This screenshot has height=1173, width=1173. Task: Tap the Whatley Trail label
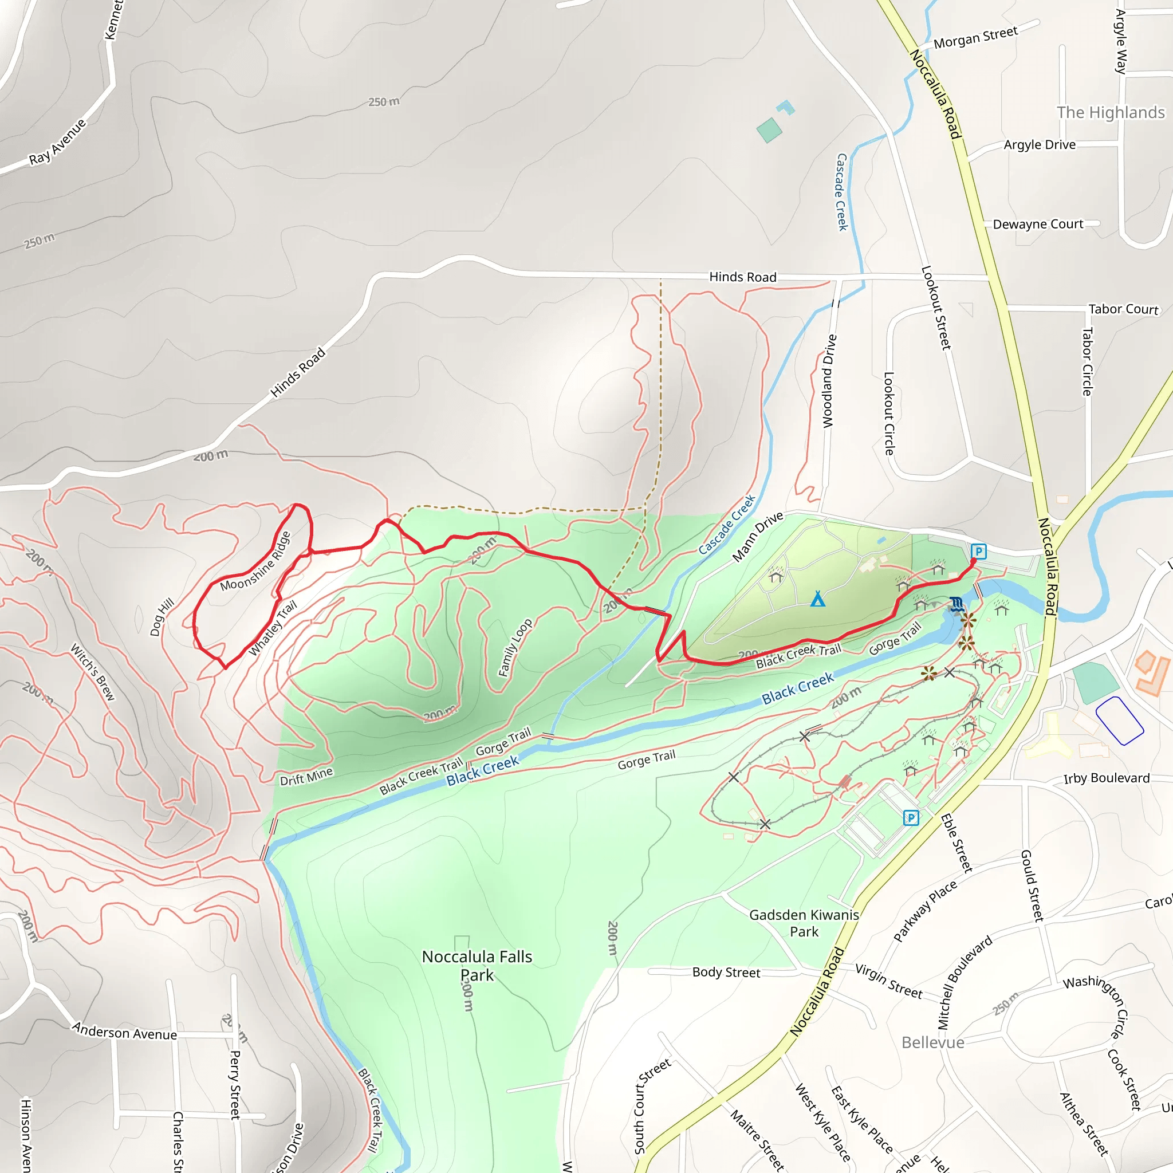click(273, 628)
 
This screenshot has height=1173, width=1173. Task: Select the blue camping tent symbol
click(818, 600)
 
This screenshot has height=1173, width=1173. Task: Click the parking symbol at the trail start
click(978, 552)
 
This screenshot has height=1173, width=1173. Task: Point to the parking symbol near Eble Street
click(911, 818)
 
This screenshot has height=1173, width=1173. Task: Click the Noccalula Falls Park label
click(477, 965)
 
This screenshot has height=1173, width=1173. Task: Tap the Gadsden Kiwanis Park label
click(804, 923)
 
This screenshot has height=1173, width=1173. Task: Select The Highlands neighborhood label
click(1111, 112)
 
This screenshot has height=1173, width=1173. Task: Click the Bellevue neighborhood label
click(932, 1042)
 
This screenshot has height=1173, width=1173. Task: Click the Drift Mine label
click(306, 776)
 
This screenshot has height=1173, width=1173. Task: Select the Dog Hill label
click(162, 617)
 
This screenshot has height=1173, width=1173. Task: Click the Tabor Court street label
click(1123, 309)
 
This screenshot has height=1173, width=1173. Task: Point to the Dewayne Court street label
click(1038, 224)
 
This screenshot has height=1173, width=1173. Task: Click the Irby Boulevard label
click(1106, 778)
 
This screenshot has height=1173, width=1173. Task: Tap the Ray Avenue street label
click(58, 142)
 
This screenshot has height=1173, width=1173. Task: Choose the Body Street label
click(726, 973)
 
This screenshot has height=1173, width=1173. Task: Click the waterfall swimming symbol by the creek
click(956, 604)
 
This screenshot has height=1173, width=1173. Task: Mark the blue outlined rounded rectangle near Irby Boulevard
click(1120, 721)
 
